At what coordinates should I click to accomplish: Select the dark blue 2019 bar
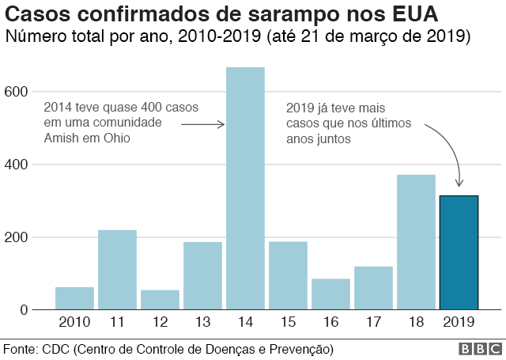click(459, 252)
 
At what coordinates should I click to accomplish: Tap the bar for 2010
click(74, 298)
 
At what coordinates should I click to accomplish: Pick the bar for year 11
click(117, 270)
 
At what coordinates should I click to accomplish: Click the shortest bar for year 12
click(160, 300)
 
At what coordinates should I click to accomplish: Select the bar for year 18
click(416, 242)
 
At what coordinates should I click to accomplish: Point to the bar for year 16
click(330, 294)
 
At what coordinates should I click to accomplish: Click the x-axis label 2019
click(459, 323)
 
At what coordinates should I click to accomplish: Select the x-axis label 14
click(245, 323)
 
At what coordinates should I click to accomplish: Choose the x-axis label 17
click(373, 323)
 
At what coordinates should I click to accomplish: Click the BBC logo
click(478, 349)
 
